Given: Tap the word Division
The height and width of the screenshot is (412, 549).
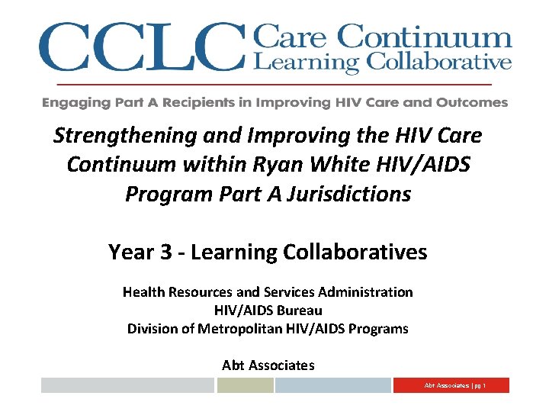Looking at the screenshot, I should coord(151,329).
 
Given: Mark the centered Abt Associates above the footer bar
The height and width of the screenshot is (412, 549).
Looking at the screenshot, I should coord(268,365).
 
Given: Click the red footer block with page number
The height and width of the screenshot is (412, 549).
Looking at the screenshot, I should coord(451,385).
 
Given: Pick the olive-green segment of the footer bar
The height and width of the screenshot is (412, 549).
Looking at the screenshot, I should coord(245,385).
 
